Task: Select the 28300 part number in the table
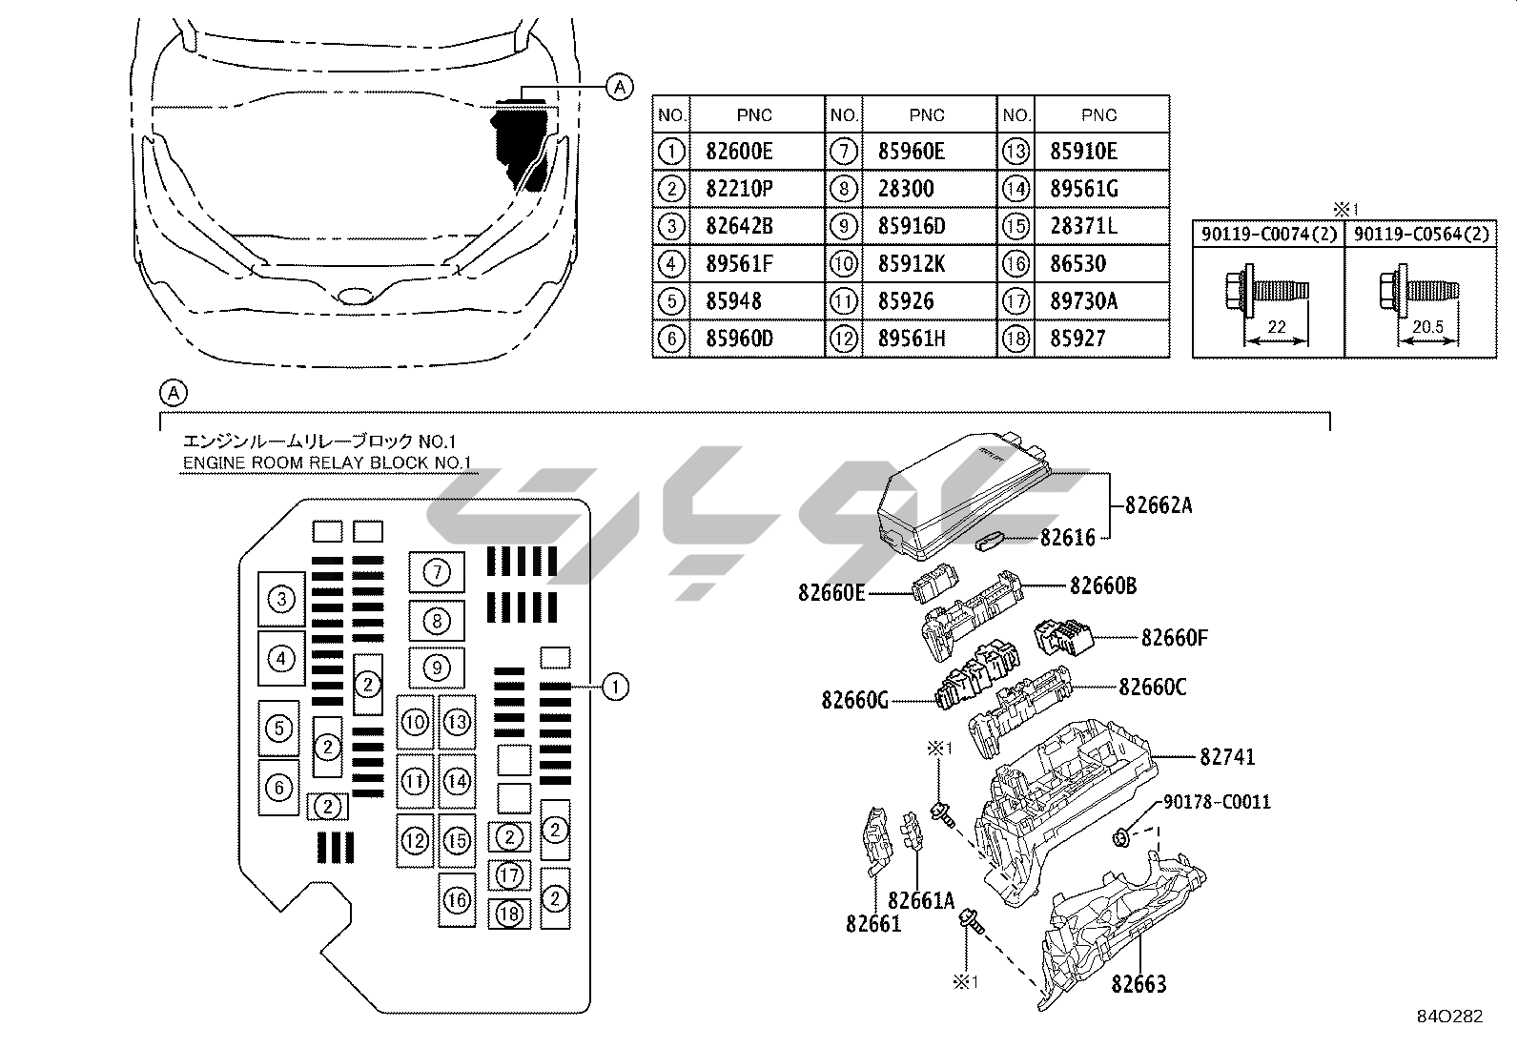[906, 189]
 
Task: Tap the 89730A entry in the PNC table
[1083, 301]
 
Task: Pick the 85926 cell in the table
[906, 301]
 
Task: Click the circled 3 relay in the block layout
[281, 600]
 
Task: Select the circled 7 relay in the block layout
[437, 572]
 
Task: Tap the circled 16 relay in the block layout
[458, 899]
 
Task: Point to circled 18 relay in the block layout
[510, 914]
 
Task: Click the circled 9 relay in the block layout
[437, 668]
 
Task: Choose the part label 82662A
[1159, 505]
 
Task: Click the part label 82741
[1227, 757]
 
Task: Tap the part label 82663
[1138, 983]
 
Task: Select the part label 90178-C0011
[1217, 803]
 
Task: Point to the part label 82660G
[854, 701]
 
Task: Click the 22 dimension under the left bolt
[1277, 327]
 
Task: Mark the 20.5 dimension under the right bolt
[1427, 327]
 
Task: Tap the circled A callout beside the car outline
[620, 88]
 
